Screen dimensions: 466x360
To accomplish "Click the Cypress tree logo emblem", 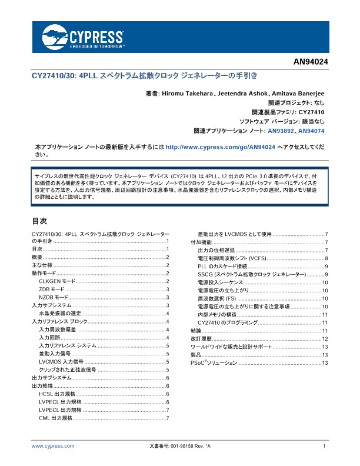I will pyautogui.click(x=55, y=36).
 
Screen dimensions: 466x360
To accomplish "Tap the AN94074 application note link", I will pyautogui.click(x=311, y=130).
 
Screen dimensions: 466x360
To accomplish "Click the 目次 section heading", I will pyautogui.click(x=39, y=221).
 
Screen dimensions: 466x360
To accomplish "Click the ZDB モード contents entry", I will pyautogui.click(x=51, y=290).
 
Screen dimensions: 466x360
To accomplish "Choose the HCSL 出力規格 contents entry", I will pyautogui.click(x=57, y=394).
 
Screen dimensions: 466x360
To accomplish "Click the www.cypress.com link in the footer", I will pyautogui.click(x=53, y=447).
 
